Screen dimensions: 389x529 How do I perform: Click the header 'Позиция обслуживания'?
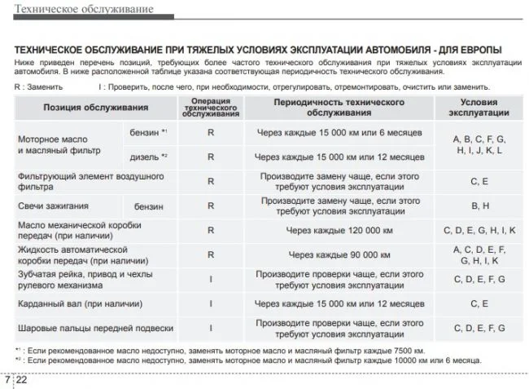[96, 107]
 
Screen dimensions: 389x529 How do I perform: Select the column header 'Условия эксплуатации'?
[479, 107]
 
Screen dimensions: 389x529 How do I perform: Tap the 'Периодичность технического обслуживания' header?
[339, 107]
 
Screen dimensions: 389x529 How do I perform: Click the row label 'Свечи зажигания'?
[54, 206]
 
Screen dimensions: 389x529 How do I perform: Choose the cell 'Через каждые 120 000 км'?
[339, 231]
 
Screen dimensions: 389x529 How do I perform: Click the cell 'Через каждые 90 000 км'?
[339, 254]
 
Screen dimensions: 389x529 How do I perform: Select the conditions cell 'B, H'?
[479, 206]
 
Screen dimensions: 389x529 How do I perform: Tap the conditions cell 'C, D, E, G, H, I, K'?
[479, 231]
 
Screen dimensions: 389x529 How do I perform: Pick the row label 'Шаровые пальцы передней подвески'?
[95, 328]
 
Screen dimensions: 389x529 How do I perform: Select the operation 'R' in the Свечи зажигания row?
[211, 206]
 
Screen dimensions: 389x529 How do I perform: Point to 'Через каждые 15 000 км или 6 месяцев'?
[339, 132]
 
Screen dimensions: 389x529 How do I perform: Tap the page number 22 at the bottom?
[22, 380]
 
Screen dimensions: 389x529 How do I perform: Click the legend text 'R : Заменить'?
[38, 86]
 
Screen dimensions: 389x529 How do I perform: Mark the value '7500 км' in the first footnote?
[408, 350]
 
